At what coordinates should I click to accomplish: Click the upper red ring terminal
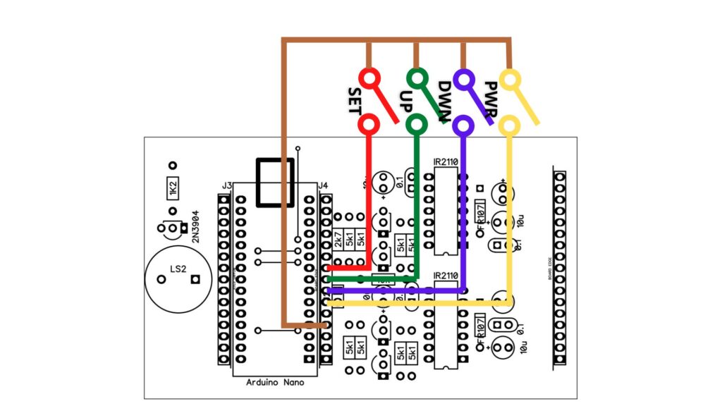pyautogui.click(x=368, y=77)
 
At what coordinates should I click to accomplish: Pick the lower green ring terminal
pyautogui.click(x=417, y=124)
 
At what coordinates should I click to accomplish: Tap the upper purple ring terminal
pyautogui.click(x=463, y=78)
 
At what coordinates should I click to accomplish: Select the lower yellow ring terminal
pyautogui.click(x=510, y=125)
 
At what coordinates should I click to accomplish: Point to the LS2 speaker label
pyautogui.click(x=178, y=269)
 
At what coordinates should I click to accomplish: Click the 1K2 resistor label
pyautogui.click(x=171, y=190)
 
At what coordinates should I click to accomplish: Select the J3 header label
pyautogui.click(x=226, y=185)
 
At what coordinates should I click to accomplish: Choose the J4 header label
pyautogui.click(x=323, y=185)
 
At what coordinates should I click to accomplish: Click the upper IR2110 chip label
pyautogui.click(x=446, y=162)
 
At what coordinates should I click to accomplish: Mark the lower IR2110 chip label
pyautogui.click(x=446, y=275)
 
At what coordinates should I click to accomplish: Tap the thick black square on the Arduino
pyautogui.click(x=274, y=183)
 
